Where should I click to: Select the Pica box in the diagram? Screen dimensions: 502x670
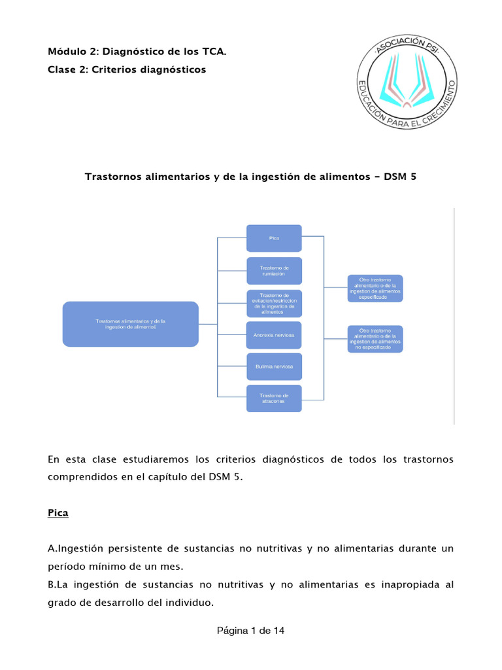(x=274, y=238)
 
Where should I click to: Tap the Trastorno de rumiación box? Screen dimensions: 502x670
(x=274, y=270)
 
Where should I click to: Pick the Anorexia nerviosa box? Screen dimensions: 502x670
(x=274, y=335)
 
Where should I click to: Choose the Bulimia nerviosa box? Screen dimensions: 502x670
(x=274, y=366)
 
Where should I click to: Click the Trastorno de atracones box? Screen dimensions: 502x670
(x=274, y=398)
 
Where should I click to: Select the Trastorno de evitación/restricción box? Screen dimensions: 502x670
(x=274, y=303)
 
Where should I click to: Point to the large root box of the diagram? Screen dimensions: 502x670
(x=130, y=324)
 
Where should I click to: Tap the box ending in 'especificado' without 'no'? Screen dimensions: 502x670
(x=375, y=289)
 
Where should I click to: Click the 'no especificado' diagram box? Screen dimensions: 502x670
(x=375, y=339)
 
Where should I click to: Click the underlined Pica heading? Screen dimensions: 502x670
(x=58, y=514)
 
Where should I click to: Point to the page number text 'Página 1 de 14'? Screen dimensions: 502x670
(x=251, y=631)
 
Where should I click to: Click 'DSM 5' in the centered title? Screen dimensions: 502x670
(x=400, y=177)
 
